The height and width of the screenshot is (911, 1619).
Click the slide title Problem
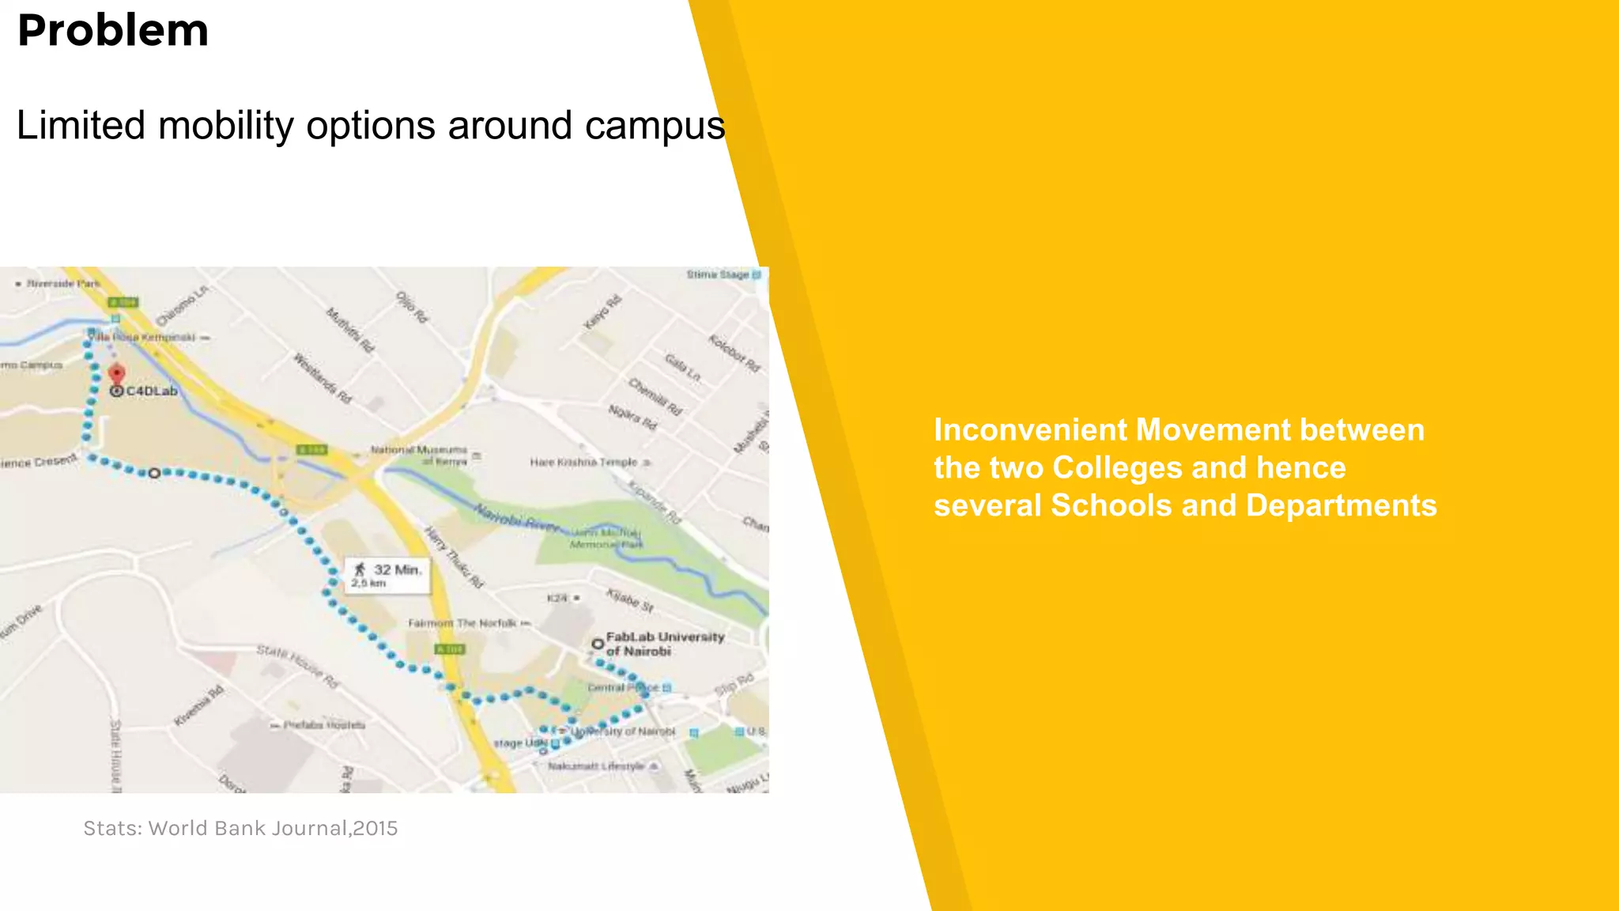pos(113,32)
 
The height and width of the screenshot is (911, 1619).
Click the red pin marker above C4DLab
pos(117,373)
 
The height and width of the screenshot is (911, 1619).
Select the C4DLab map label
pos(151,391)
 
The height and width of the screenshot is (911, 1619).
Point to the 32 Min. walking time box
pos(387,575)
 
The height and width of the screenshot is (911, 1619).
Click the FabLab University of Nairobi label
pos(664,644)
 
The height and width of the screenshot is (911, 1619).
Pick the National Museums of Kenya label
pos(420,455)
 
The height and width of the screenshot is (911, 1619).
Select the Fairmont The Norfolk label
pos(462,623)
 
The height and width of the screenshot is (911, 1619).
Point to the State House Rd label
pos(297,665)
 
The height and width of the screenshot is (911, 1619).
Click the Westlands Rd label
pos(323,378)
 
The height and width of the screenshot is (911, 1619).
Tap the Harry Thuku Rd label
pos(454,558)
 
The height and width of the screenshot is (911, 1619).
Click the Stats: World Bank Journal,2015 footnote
pos(240,828)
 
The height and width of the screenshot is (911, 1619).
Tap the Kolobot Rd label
pos(734,353)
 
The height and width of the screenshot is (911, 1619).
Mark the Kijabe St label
pos(630,600)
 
